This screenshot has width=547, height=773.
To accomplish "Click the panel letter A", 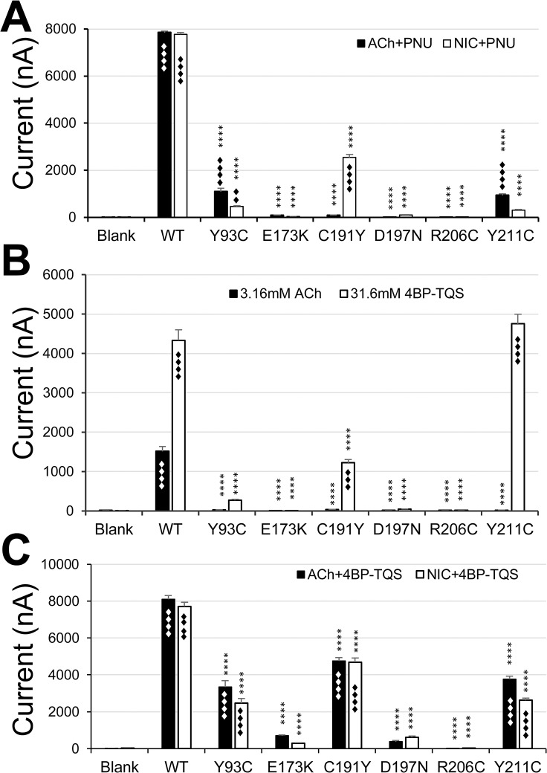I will point(16,16).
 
